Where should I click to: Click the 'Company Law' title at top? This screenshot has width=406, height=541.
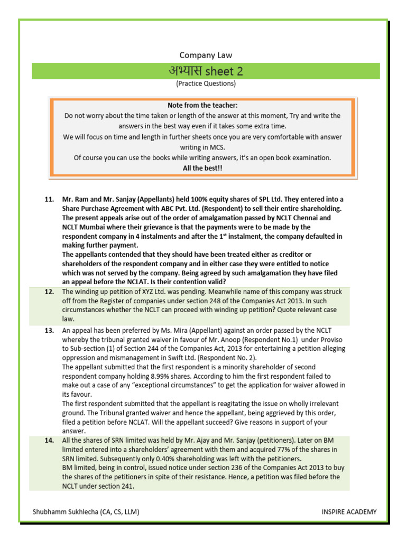[x=206, y=55]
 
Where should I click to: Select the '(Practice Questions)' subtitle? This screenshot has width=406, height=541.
[x=206, y=83]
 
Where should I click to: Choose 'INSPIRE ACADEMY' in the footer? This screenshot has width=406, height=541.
[x=349, y=511]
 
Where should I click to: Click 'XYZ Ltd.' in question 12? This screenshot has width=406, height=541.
[x=156, y=292]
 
